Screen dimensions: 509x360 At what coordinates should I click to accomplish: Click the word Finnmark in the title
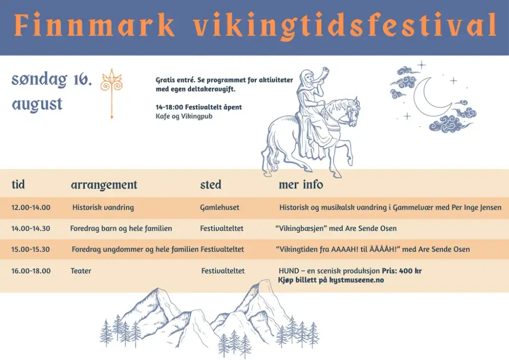(x=95, y=24)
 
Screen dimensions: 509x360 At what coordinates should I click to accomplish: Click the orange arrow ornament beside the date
(x=111, y=94)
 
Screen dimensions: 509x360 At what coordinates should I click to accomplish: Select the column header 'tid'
(x=18, y=184)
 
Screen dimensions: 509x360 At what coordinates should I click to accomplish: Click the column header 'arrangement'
(x=104, y=185)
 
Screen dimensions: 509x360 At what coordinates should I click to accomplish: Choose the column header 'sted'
(x=211, y=185)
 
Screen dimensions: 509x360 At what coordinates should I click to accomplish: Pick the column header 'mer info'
(x=301, y=184)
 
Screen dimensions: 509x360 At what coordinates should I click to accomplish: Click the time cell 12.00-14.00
(x=31, y=207)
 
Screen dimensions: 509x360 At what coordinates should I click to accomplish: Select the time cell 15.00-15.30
(x=31, y=250)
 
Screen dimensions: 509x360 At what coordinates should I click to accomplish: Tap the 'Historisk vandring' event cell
(x=103, y=207)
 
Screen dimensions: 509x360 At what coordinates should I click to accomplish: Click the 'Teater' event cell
(x=81, y=271)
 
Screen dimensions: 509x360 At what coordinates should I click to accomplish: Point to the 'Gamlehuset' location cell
(x=219, y=207)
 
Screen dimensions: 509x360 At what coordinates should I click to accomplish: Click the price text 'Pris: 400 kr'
(x=402, y=271)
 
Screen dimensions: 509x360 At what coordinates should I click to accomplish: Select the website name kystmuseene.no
(x=356, y=280)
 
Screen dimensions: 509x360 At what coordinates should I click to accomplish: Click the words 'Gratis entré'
(x=175, y=80)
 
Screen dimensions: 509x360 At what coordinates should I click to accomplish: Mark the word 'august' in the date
(x=37, y=104)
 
